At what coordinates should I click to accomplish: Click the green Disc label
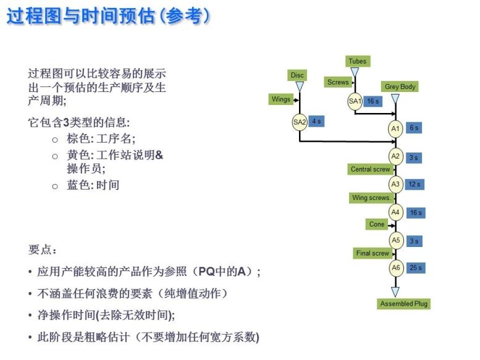[298, 75]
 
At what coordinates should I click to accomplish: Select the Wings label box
[280, 99]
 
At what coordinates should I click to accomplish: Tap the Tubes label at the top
[357, 61]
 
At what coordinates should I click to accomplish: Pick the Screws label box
[338, 82]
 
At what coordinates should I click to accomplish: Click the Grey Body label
[400, 87]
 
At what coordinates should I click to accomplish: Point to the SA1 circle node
[355, 101]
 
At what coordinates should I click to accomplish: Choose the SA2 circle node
[300, 122]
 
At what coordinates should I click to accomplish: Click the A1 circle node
[395, 128]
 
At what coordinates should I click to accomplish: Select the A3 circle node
[395, 184]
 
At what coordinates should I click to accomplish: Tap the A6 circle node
[395, 268]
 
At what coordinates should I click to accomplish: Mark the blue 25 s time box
[416, 268]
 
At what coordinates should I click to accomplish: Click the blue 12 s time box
[414, 184]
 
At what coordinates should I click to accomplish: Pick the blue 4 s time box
[316, 122]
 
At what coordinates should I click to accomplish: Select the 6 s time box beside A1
[413, 128]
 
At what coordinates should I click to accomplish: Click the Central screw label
[370, 169]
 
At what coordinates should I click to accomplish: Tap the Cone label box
[376, 225]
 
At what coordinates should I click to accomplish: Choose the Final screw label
[373, 253]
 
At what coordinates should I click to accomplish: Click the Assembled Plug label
[404, 304]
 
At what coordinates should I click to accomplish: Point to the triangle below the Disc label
[300, 87]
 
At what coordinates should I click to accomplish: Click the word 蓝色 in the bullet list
[79, 185]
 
